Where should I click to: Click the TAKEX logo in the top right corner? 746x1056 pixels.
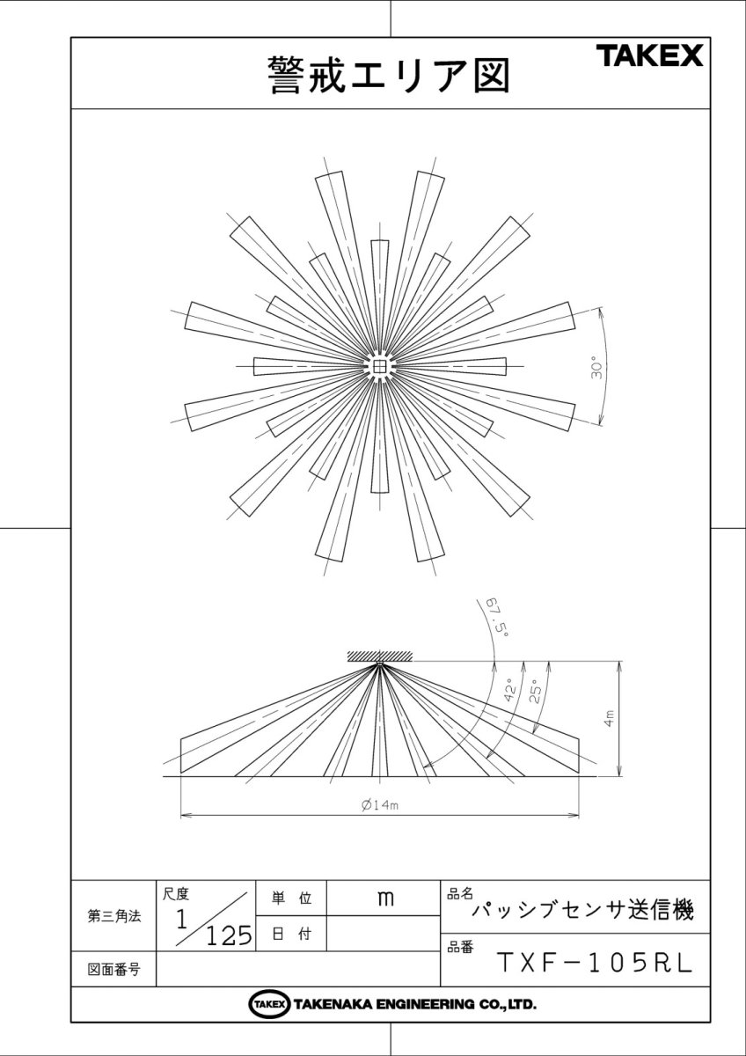click(x=651, y=57)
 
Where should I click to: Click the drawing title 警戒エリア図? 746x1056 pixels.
click(x=388, y=75)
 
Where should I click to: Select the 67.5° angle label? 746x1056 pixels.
click(x=497, y=615)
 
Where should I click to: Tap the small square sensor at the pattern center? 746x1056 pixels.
click(x=379, y=366)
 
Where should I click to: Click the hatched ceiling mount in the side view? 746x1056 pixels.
click(x=379, y=656)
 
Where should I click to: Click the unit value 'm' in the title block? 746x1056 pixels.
click(x=384, y=898)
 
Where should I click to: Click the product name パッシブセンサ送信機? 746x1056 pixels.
click(x=582, y=911)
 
